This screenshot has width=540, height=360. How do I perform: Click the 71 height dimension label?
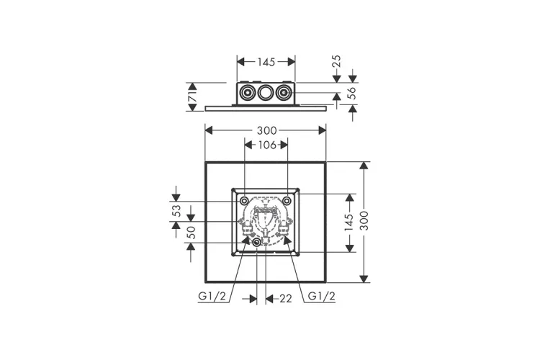click(x=193, y=96)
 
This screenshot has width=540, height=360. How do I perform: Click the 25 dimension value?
click(x=336, y=61)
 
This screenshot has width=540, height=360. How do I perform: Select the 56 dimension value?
click(x=352, y=94)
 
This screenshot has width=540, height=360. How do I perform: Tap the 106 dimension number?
click(x=267, y=145)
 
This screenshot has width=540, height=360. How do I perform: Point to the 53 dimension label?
click(x=176, y=210)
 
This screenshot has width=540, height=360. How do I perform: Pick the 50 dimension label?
click(x=191, y=232)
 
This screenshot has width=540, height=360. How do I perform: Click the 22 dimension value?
click(x=286, y=299)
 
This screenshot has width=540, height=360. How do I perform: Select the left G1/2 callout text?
click(x=212, y=296)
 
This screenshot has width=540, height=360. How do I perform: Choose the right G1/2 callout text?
click(x=321, y=296)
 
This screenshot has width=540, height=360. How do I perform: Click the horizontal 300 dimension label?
click(x=267, y=130)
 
